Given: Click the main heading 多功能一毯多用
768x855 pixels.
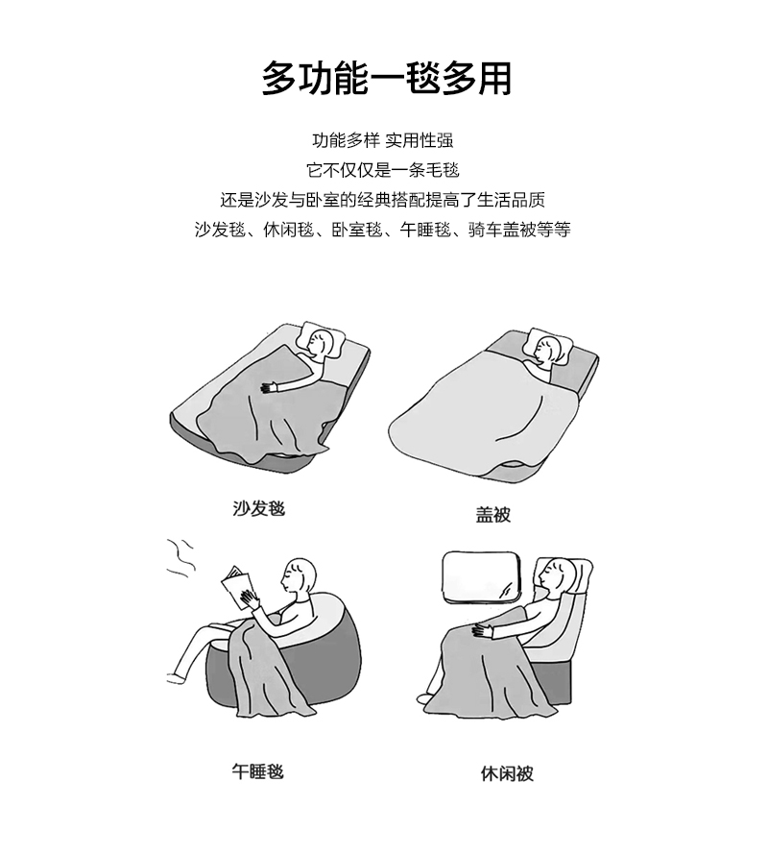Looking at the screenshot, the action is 387,79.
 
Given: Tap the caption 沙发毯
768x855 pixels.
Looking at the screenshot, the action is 259,508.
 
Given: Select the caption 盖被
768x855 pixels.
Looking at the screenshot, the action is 492,515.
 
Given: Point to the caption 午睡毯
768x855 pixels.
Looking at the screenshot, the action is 258,771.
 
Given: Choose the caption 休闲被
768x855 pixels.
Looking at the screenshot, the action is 507,773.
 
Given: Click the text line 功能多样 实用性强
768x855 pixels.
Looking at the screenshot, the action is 383,140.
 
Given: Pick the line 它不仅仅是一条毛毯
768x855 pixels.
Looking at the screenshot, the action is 383,170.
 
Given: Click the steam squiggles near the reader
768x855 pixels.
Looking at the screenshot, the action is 180,557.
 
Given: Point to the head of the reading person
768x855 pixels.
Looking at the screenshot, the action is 299,576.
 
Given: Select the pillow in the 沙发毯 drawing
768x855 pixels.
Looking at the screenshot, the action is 322,341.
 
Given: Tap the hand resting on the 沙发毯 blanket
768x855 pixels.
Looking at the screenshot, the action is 269,388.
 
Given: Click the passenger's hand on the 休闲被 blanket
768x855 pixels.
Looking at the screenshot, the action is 482,630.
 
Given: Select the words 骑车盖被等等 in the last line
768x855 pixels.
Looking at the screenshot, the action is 519,230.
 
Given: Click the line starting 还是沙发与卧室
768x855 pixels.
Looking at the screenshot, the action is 383,200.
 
